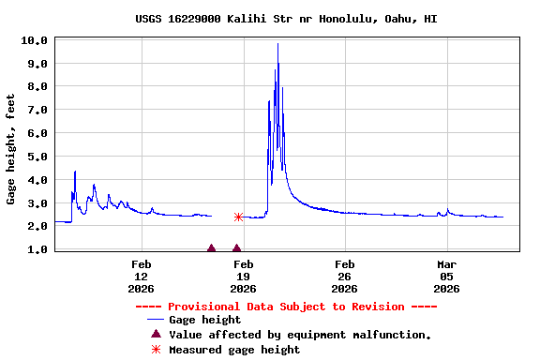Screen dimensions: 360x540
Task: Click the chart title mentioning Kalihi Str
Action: click(x=286, y=19)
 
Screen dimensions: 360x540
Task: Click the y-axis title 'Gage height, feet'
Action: click(x=11, y=149)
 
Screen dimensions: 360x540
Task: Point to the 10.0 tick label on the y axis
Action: click(x=35, y=40)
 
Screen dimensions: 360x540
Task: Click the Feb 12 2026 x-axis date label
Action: click(x=142, y=277)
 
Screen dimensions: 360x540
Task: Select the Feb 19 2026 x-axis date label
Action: click(x=243, y=277)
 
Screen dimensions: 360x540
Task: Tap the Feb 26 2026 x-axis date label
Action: click(x=344, y=277)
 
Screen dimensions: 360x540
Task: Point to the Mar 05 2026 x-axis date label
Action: click(x=446, y=277)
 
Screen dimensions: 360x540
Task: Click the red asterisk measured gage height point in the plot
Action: click(x=238, y=217)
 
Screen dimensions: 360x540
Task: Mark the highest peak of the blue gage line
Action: click(x=277, y=44)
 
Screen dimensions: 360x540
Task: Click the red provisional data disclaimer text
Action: click(x=286, y=307)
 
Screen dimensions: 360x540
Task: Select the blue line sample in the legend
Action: click(x=156, y=320)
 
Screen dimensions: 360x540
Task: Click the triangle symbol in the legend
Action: click(x=156, y=334)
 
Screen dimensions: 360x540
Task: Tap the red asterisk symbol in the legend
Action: click(x=156, y=350)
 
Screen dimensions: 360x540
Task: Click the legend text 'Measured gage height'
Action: click(x=234, y=350)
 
